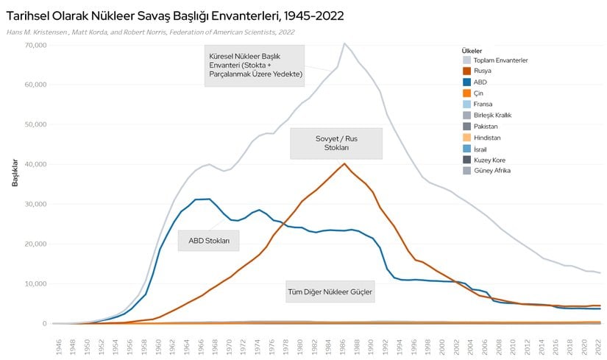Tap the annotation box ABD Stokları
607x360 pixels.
[x=209, y=240]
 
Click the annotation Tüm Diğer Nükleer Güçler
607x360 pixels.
[x=329, y=292]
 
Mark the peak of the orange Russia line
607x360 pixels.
[x=344, y=163]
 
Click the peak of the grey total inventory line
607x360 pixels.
[x=344, y=43]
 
